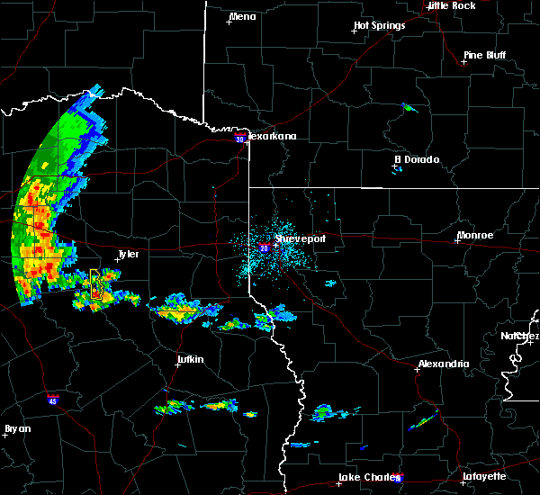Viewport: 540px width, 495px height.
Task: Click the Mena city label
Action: (243, 16)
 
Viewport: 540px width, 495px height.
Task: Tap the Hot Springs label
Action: (379, 25)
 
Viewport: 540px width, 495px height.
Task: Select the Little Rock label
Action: (451, 5)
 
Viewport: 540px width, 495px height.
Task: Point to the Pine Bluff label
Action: (484, 55)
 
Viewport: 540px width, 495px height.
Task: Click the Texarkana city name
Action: (272, 136)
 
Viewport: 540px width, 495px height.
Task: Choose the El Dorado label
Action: (418, 159)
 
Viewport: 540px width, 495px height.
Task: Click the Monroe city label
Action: (474, 235)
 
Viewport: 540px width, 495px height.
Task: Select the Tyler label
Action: (129, 254)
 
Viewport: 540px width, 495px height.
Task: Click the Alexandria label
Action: (443, 364)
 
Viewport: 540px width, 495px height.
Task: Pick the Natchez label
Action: (520, 336)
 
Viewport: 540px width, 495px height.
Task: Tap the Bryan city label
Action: (18, 428)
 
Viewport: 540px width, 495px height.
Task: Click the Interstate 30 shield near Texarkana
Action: (238, 139)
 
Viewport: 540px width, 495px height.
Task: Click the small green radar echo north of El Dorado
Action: (409, 109)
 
